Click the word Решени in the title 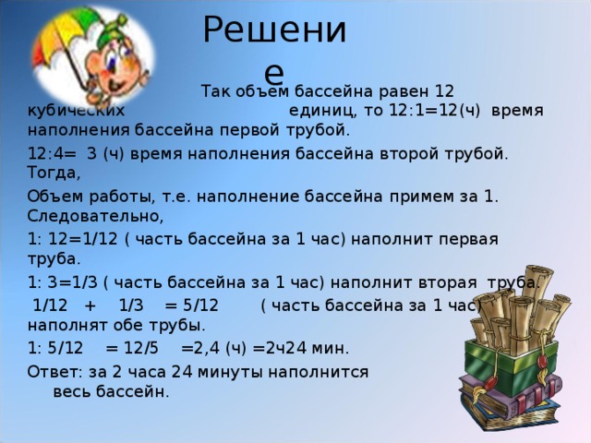[x=274, y=30]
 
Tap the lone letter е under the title [x=273, y=74]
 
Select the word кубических [x=76, y=111]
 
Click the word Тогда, [x=54, y=173]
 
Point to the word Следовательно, [x=95, y=217]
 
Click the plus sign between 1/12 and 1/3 [x=90, y=305]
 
